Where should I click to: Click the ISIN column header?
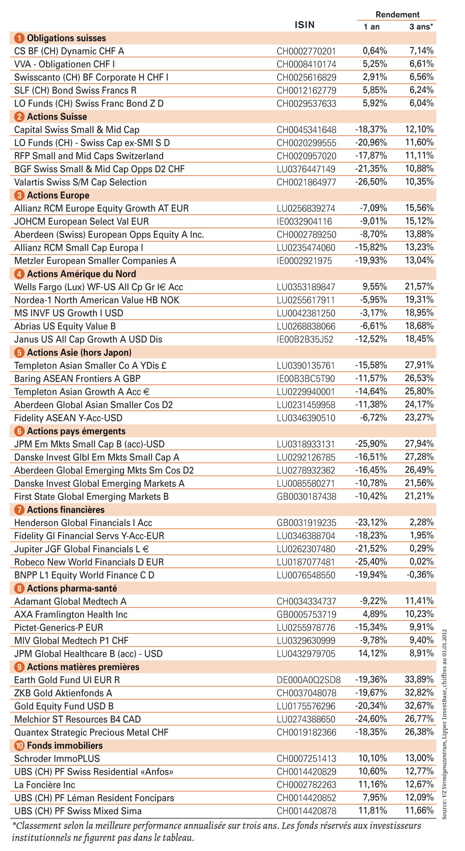coord(305,25)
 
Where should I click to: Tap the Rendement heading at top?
coord(397,14)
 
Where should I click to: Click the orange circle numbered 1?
coord(19,38)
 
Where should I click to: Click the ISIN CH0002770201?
coord(306,51)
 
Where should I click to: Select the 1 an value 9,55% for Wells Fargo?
coord(375,287)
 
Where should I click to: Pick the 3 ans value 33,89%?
coord(419,679)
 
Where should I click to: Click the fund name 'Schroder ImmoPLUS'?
coord(57,758)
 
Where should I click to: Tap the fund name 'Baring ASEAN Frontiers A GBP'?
coord(77,379)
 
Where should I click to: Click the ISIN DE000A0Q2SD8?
coord(308,680)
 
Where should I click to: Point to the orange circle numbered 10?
coord(19,745)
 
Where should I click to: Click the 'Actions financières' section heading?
coord(66,510)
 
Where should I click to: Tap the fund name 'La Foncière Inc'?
coord(45,785)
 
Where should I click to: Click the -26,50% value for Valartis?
coord(371,182)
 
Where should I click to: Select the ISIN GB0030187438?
coord(306,497)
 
